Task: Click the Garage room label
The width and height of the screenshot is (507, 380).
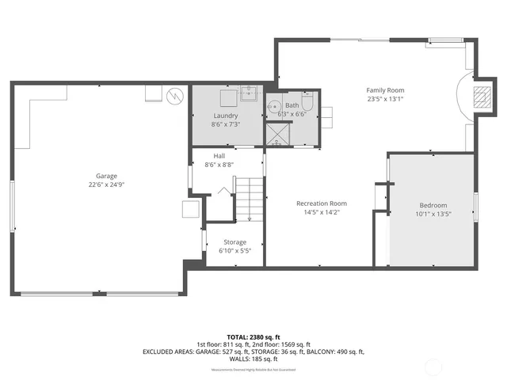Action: (107, 176)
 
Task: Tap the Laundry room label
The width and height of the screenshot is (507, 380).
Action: (225, 116)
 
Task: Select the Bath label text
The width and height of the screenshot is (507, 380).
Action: (292, 105)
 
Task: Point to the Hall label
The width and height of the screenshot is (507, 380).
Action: (219, 156)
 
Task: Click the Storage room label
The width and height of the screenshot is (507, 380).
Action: (234, 242)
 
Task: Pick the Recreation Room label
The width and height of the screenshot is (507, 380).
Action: (322, 203)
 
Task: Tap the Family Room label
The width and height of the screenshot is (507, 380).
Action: (385, 90)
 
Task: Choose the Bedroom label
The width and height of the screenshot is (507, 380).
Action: (433, 205)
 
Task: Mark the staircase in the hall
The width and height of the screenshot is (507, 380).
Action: (250, 199)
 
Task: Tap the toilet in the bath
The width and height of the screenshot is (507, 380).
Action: (307, 103)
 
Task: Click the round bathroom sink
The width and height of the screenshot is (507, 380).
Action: (275, 106)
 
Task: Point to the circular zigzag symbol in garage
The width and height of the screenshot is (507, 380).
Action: (175, 97)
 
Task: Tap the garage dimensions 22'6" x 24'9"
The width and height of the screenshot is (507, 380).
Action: (107, 184)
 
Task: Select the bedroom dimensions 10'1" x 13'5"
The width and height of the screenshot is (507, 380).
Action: (433, 214)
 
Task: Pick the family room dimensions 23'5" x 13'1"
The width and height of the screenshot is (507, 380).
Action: (385, 99)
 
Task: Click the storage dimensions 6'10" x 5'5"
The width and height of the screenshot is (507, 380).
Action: (234, 251)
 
